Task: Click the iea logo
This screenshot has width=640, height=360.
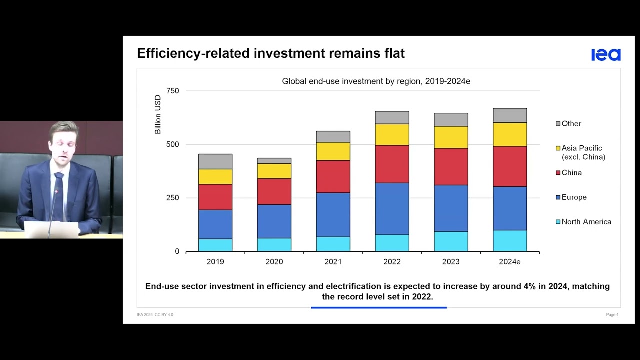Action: (606, 55)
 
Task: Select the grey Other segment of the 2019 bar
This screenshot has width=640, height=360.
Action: (215, 161)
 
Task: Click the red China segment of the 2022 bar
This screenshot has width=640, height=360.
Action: (392, 164)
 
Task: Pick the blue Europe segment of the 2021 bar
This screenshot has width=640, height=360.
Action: (333, 215)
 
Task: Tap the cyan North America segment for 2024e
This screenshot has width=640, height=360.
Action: (509, 240)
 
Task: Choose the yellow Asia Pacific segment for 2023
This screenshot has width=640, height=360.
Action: (451, 137)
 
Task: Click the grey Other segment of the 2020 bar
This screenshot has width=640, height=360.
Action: (274, 161)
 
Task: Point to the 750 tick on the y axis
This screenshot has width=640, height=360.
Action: (172, 91)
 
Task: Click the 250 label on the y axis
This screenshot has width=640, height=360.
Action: (172, 198)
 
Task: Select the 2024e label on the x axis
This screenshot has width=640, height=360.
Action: (509, 262)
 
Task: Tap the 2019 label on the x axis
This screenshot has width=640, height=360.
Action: (215, 262)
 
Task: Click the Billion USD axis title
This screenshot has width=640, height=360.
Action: (158, 114)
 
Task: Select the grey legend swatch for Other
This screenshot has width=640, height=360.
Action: (558, 124)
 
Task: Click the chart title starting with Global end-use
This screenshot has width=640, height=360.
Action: (376, 81)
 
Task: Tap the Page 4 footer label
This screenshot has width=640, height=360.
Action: (612, 315)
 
